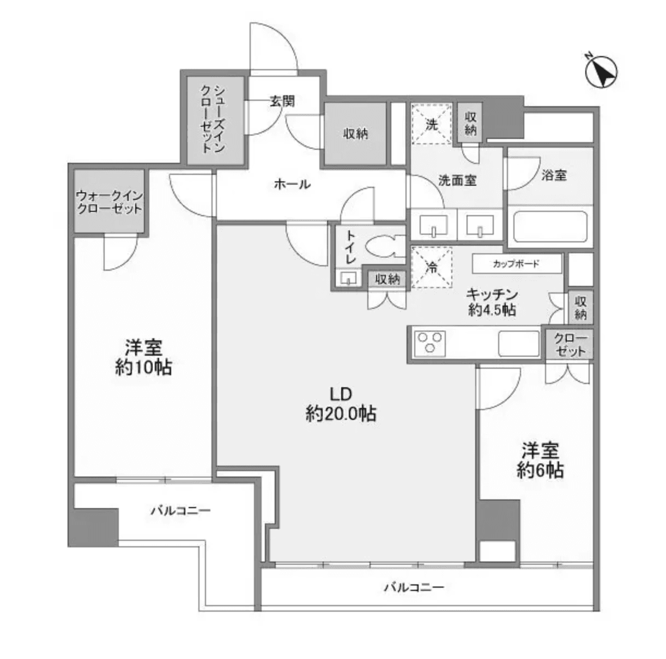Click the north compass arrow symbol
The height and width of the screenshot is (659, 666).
click(x=601, y=72)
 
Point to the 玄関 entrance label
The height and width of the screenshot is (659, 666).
click(x=282, y=101)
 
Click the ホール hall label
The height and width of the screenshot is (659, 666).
click(x=292, y=184)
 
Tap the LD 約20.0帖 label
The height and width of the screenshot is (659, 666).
click(x=341, y=404)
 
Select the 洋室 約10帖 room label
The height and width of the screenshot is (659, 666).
click(x=143, y=357)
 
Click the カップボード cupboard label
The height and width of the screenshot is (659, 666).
click(x=516, y=264)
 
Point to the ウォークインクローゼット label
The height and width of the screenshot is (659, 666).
click(x=109, y=202)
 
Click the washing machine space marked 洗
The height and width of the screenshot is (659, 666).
click(x=431, y=124)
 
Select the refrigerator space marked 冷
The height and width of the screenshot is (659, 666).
click(x=432, y=267)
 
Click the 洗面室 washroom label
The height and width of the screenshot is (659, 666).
click(x=458, y=180)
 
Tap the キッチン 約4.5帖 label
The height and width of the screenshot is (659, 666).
click(x=492, y=302)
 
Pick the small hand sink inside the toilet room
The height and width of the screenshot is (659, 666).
click(x=347, y=279)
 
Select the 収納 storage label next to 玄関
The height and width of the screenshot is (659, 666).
click(x=355, y=133)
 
